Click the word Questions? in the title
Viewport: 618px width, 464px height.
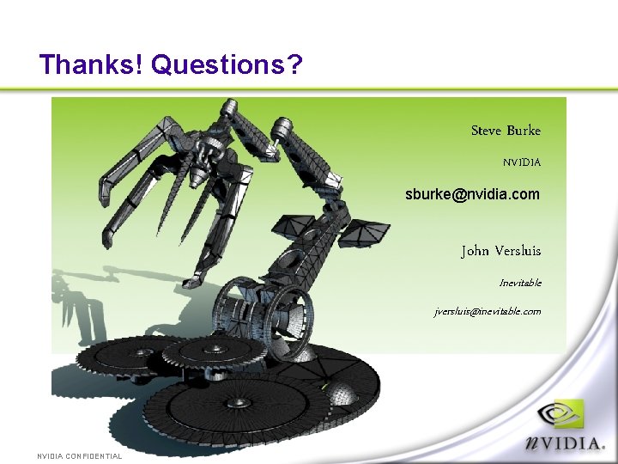[x=227, y=64]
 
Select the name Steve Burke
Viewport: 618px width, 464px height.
[x=506, y=131]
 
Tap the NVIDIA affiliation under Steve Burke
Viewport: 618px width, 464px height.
[x=522, y=162]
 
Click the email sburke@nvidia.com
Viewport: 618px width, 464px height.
[x=473, y=194]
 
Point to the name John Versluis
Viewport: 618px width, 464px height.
[x=501, y=251]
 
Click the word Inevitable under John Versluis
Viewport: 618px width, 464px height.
[x=520, y=283]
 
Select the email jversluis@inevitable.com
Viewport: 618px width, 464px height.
[x=488, y=311]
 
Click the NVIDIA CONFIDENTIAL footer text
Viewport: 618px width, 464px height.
[x=79, y=456]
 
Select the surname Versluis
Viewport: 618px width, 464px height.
[x=518, y=251]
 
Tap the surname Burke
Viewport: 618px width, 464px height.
[x=524, y=131]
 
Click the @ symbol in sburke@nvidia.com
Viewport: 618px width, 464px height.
[x=459, y=195]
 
